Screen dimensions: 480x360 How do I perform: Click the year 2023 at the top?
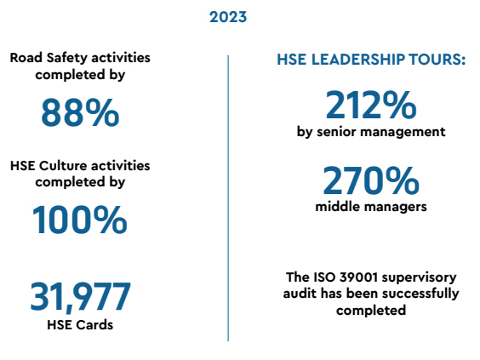pyautogui.click(x=228, y=17)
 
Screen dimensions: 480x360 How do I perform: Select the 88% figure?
pyautogui.click(x=80, y=112)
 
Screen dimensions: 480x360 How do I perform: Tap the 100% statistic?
pyautogui.click(x=80, y=220)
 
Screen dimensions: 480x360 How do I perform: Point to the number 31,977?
pyautogui.click(x=81, y=297)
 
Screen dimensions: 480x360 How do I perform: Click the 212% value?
pyautogui.click(x=371, y=105)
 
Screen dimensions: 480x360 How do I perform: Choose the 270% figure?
pyautogui.click(x=371, y=180)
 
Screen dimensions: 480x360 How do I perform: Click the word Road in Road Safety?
pyautogui.click(x=26, y=58)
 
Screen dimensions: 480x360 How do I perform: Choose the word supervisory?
pyautogui.click(x=419, y=278)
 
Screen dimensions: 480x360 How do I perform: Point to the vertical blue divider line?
pyautogui.click(x=228, y=198)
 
